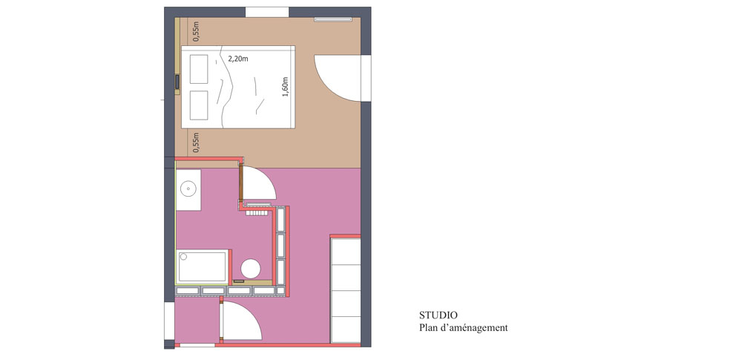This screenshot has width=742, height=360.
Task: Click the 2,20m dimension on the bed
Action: coord(238,59)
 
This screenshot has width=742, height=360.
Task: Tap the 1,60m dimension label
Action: coord(285,87)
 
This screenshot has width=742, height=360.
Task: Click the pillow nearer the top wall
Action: coord(199,69)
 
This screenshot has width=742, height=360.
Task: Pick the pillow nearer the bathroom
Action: coord(199,105)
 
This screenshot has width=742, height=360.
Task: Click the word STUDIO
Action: coord(439,315)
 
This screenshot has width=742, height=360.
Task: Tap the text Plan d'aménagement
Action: coord(463,328)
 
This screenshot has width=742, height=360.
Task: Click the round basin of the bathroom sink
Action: coord(188,189)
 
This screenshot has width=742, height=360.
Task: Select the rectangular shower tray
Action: coord(203,267)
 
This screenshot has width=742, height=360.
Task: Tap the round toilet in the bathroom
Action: coord(250,269)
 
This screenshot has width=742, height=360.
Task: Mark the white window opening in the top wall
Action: coord(267,12)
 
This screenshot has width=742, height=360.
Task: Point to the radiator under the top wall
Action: coord(333,19)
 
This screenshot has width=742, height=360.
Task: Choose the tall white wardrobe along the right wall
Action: coord(346,290)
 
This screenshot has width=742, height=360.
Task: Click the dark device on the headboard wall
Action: coord(177,82)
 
